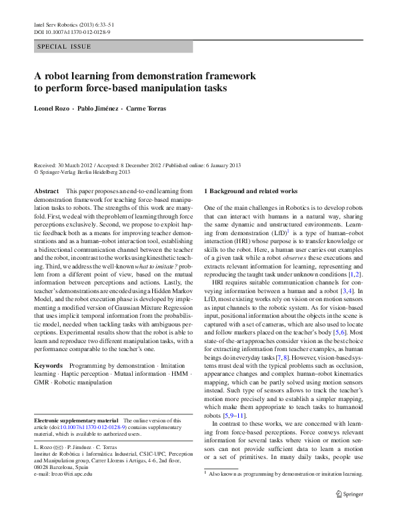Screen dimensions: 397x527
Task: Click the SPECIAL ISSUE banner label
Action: [64, 47]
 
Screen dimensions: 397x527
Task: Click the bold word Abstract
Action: [45, 191]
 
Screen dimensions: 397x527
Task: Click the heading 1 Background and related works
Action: [251, 191]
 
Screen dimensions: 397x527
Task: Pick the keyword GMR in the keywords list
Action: [42, 384]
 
